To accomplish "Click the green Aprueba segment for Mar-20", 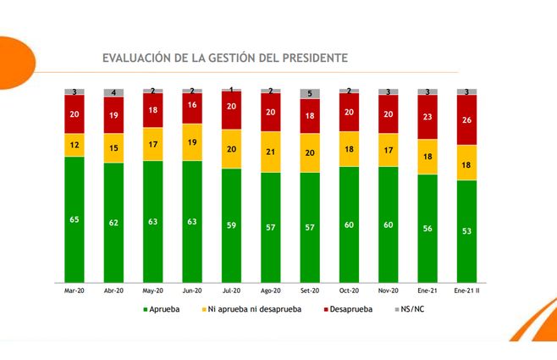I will (x=74, y=219).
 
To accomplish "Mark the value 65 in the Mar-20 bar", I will (x=74, y=219).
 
